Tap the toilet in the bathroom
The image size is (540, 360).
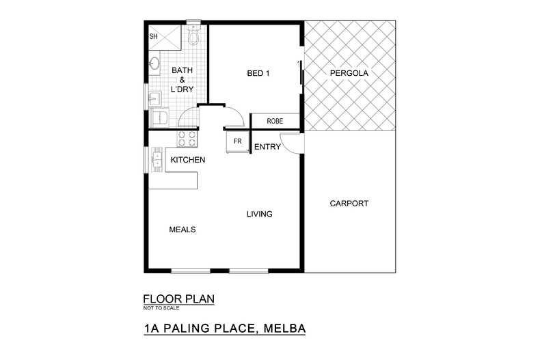(x=193, y=34)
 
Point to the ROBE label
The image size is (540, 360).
(x=275, y=121)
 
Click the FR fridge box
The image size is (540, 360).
(x=238, y=141)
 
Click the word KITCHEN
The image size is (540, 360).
(x=188, y=160)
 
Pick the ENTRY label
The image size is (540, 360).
(x=267, y=146)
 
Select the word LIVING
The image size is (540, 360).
(x=259, y=214)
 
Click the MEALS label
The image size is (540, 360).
(x=183, y=230)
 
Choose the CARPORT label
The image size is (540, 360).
(x=349, y=204)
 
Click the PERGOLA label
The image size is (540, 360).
(x=349, y=73)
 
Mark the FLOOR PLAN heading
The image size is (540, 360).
(x=178, y=299)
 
